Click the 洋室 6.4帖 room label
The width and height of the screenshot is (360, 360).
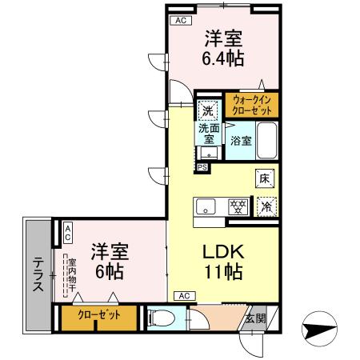(222, 48)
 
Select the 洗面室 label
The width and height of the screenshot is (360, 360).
(209, 131)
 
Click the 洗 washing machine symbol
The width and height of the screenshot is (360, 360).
(208, 109)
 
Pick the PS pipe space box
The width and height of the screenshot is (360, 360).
(202, 166)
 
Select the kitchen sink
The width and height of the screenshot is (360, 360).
(207, 206)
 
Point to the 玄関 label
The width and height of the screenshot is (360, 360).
(255, 318)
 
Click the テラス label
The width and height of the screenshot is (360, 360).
(38, 274)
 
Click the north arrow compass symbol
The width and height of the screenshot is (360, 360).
(321, 329)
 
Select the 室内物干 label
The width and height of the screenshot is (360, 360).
(71, 274)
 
